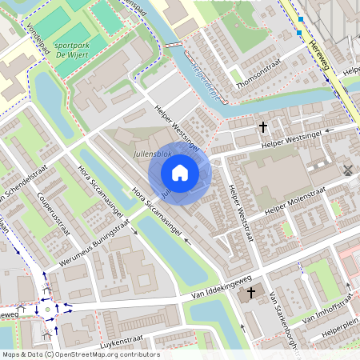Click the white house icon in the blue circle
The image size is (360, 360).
point(180,172)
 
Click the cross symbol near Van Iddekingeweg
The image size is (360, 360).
point(252,293)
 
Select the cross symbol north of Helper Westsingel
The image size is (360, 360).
point(262,126)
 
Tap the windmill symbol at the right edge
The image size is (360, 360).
point(348,169)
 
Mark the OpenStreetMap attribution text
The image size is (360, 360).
point(81,354)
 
